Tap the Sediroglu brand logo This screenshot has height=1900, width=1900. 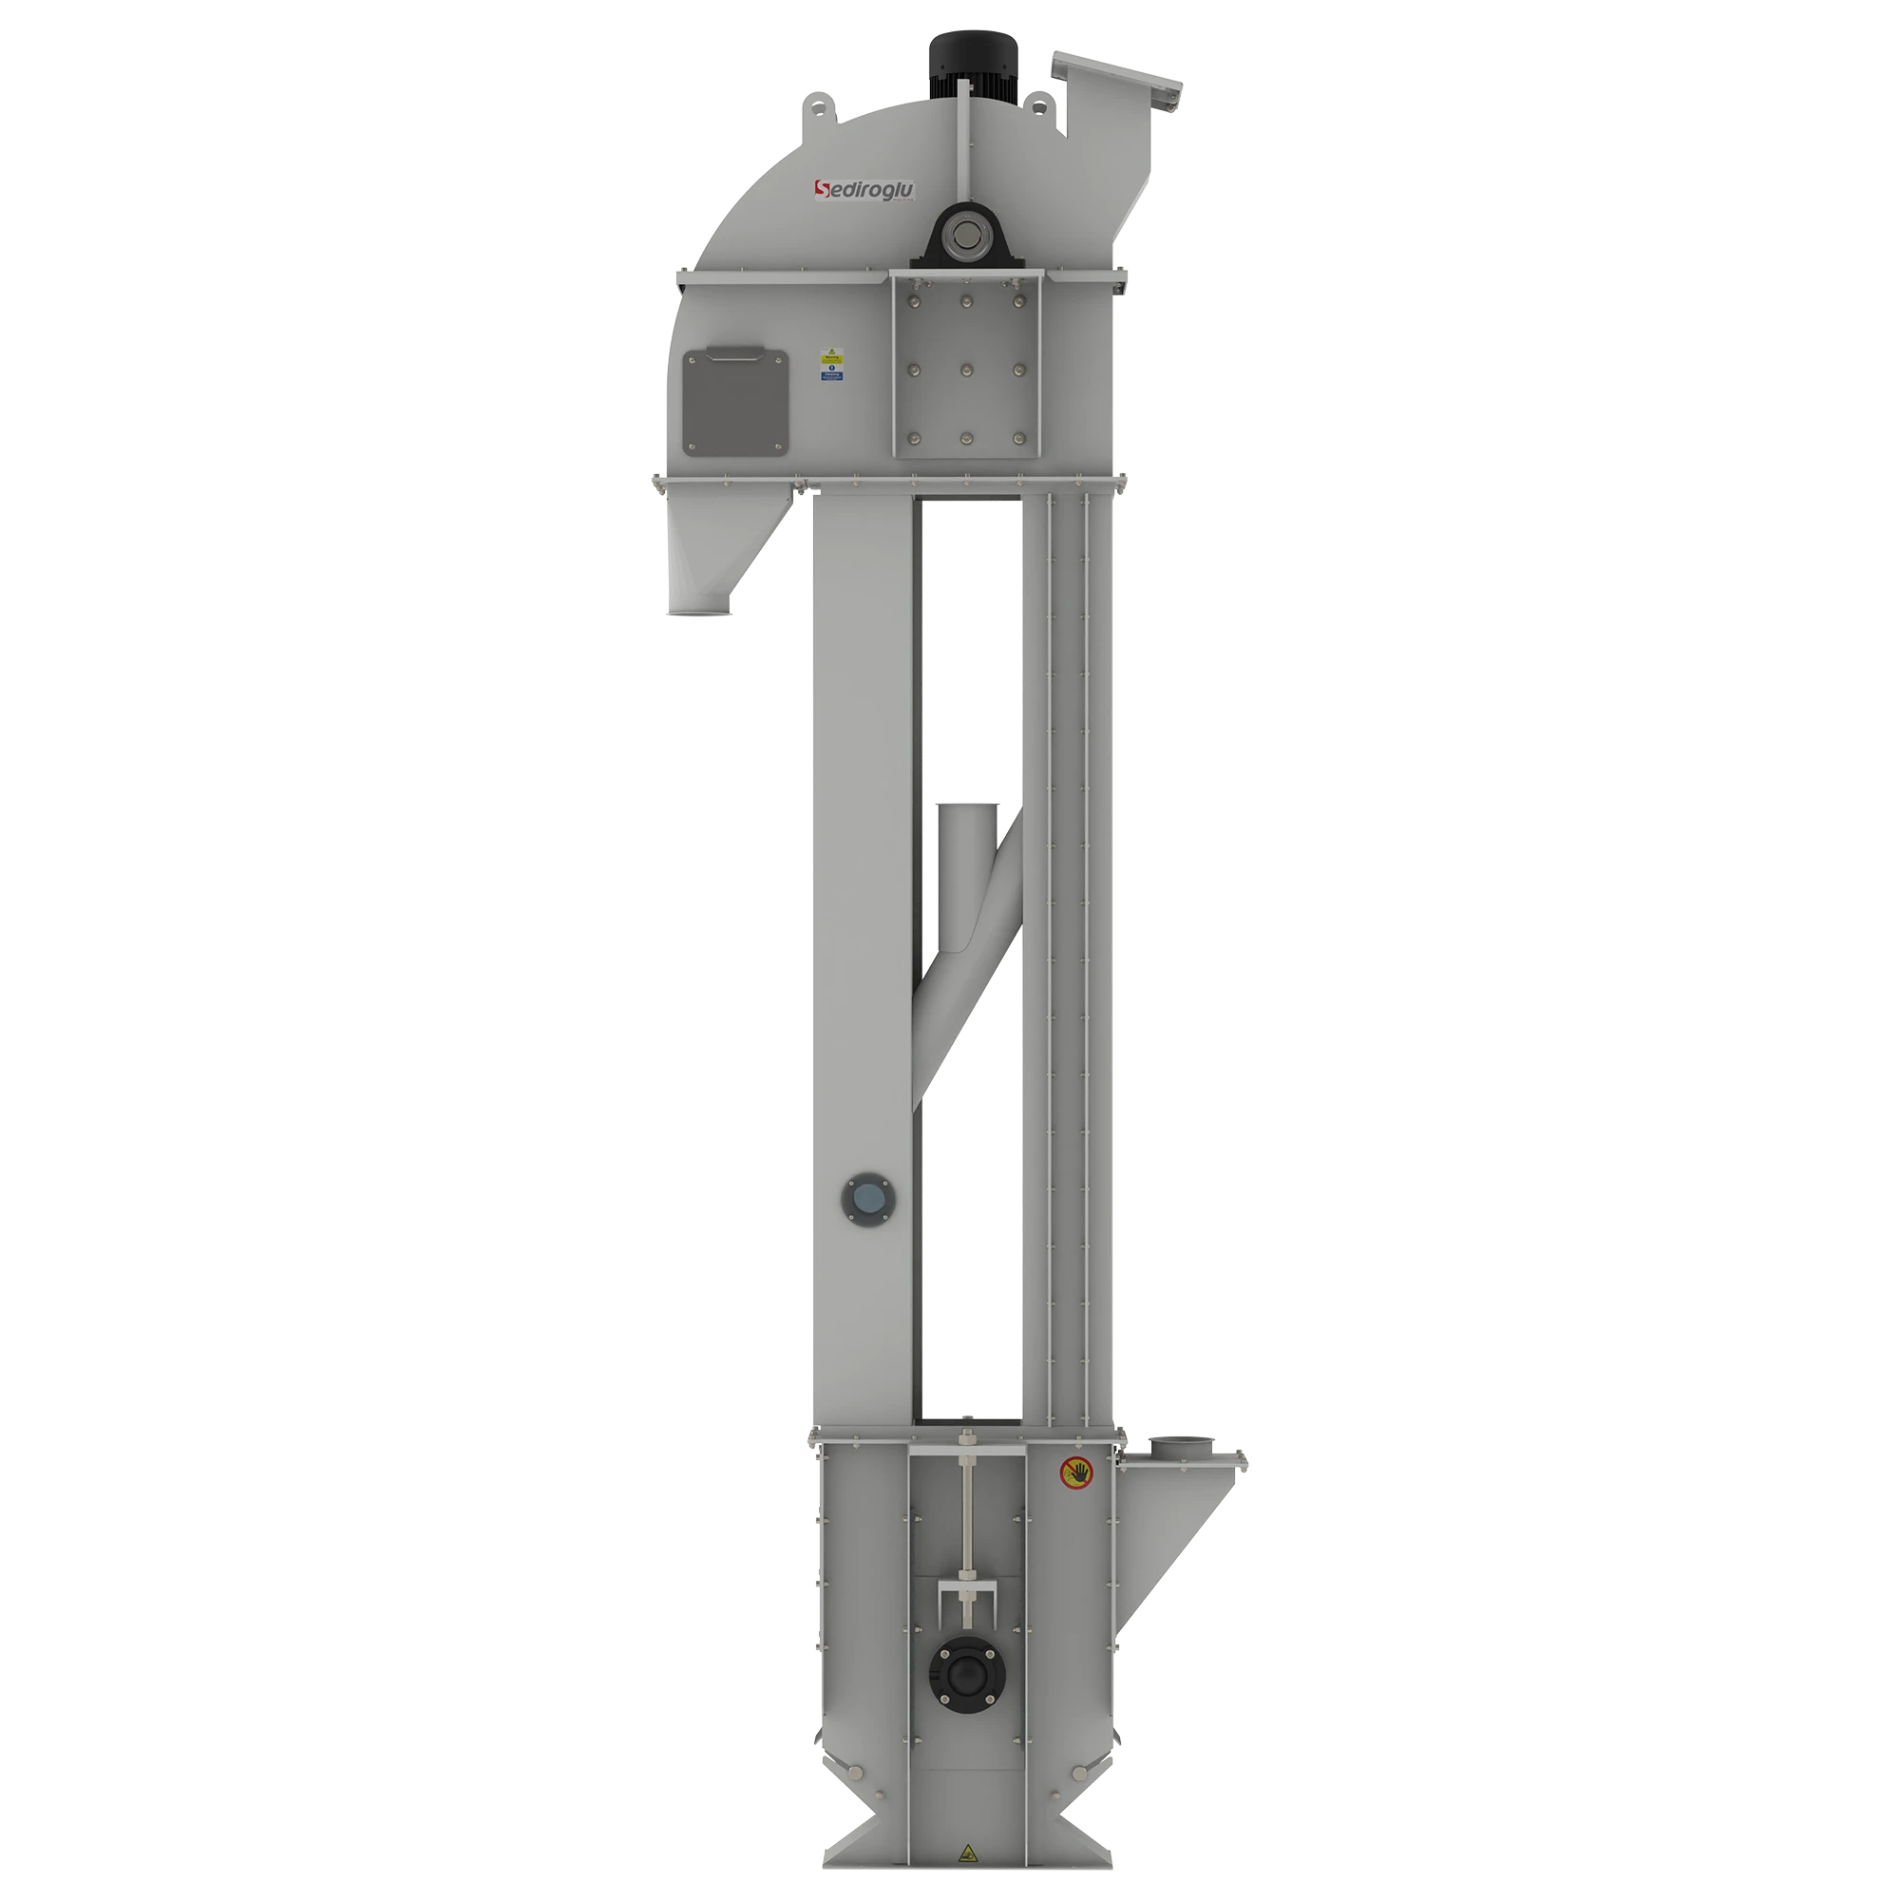pos(864,189)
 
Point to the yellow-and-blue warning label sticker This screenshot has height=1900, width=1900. pos(832,363)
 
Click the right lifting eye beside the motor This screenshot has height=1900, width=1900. pos(1039,102)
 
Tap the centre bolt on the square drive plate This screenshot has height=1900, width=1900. pos(966,370)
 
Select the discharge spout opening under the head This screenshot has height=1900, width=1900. pos(701,612)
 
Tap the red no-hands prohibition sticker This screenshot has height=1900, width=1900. pos(1077,1472)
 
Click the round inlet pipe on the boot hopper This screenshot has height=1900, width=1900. pos(1183,1446)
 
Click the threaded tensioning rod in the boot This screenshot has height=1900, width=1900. pos(968,1534)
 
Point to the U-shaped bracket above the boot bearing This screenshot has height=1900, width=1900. pos(968,1599)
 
